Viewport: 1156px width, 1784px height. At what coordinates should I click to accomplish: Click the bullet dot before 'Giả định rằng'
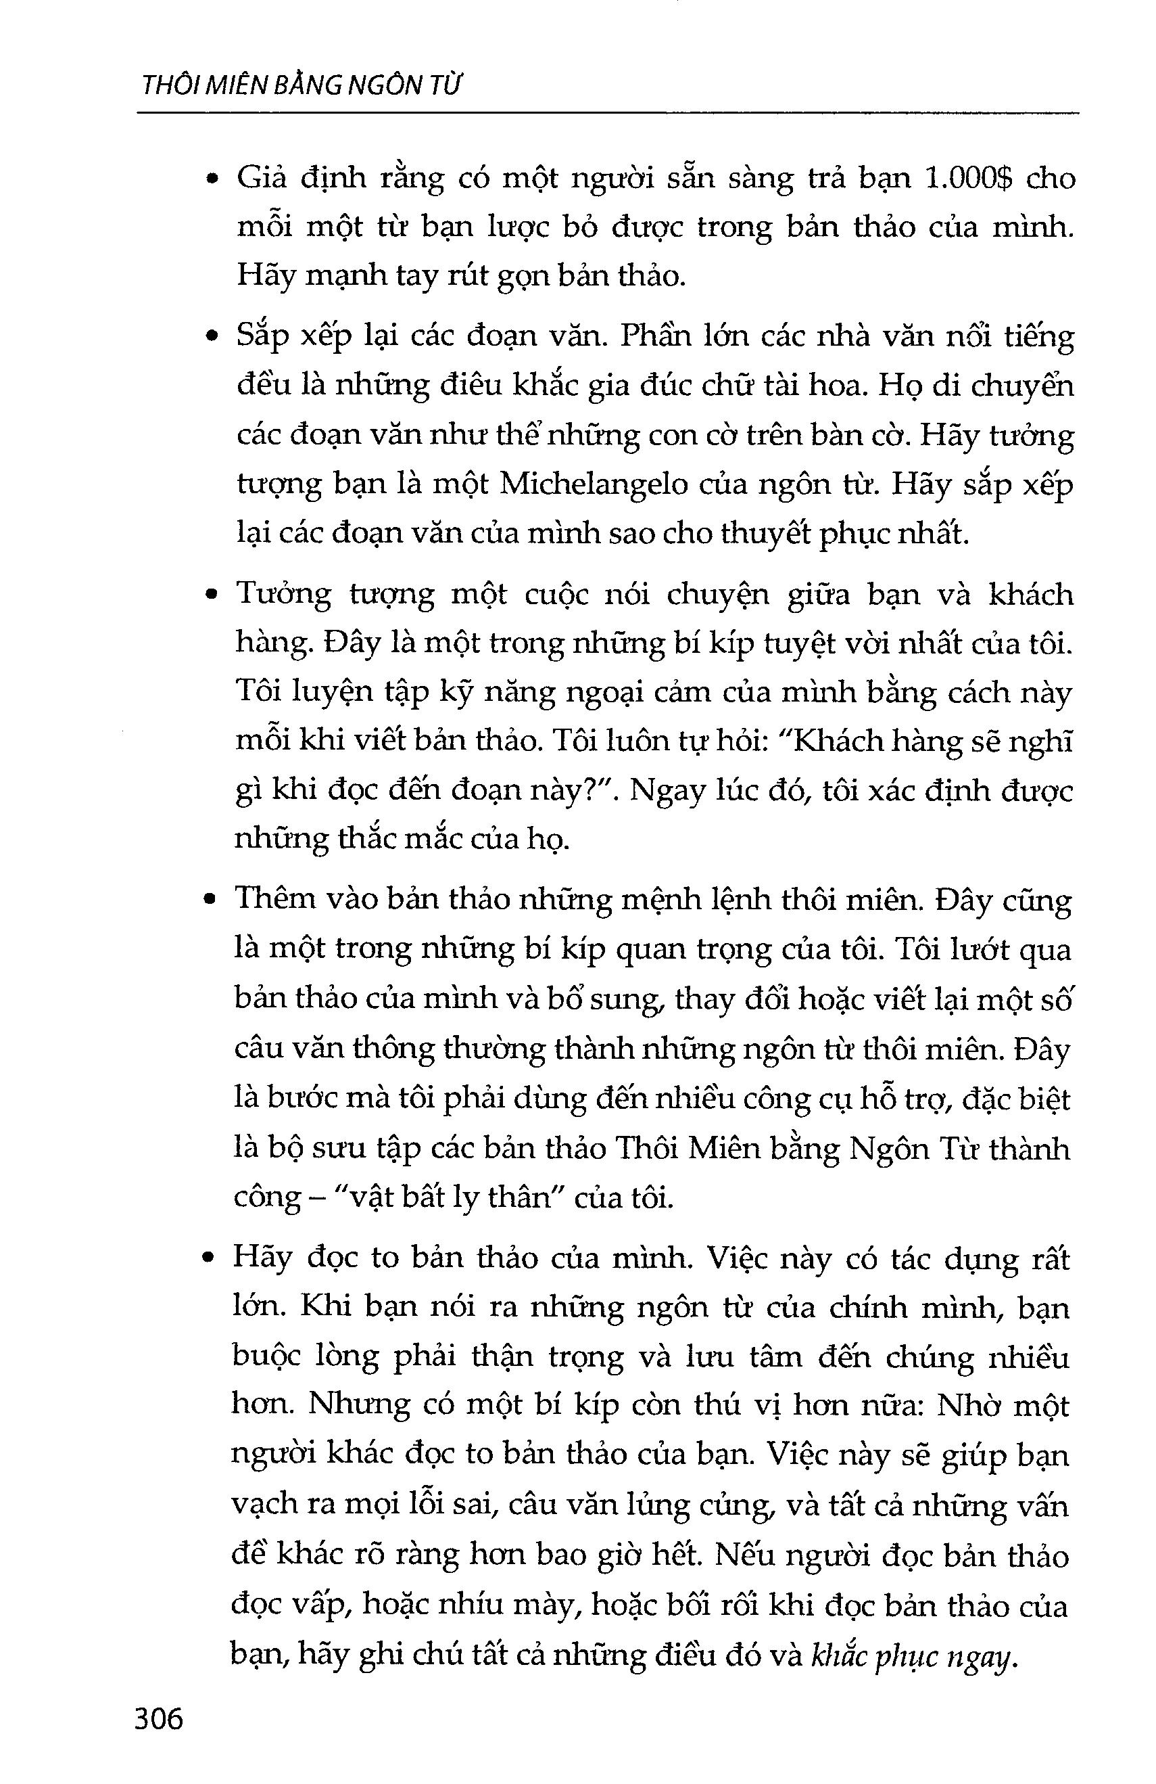(x=213, y=180)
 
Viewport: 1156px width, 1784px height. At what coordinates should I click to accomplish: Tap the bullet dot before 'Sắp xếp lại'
(x=213, y=338)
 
